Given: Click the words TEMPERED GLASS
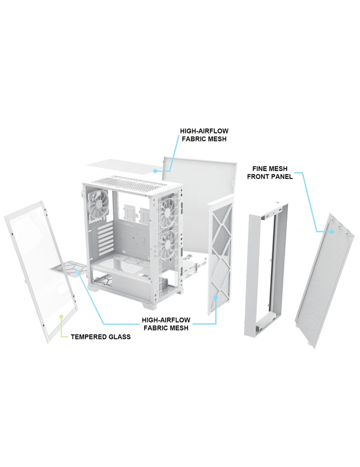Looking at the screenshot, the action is pos(101,337).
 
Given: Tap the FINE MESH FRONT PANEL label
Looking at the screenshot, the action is pos(270,173).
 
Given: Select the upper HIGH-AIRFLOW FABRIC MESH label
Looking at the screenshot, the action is pos(204,135).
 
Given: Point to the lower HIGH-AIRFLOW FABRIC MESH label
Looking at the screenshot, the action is pos(166,324).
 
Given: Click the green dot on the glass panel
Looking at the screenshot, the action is pos(62,316).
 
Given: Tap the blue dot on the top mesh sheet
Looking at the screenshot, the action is pos(155,171).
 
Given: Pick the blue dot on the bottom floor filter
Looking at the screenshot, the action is pos(78,272).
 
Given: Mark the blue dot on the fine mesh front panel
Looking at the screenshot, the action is pos(332,232).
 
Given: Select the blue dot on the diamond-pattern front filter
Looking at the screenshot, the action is pos(216,297).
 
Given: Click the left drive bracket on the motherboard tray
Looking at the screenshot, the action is pos(130,214).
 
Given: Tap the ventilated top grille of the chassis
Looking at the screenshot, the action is pos(133,181).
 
